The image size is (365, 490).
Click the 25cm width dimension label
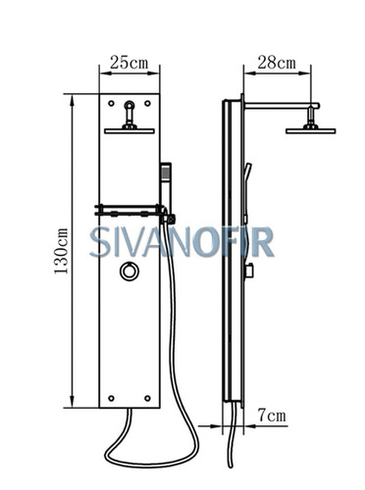[129, 63]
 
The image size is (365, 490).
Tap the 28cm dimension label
[277, 63]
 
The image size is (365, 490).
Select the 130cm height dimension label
[61, 251]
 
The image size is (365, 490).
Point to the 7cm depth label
[272, 416]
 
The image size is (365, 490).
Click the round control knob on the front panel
[130, 271]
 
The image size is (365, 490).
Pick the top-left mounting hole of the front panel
[111, 103]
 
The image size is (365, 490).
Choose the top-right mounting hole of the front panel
[147, 103]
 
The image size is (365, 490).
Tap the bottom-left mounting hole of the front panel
[111, 398]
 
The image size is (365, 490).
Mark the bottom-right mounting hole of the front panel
[147, 398]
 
